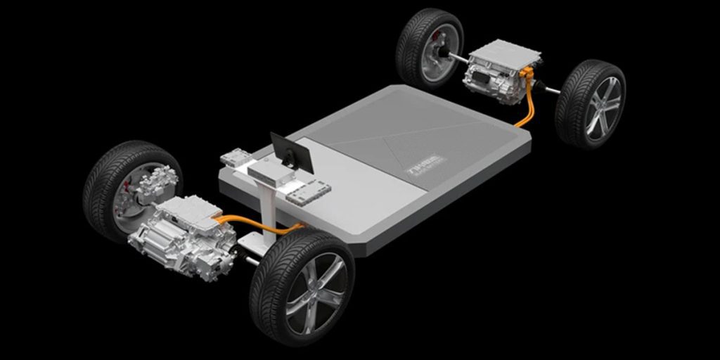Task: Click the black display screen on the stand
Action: click(x=291, y=153)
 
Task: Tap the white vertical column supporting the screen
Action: click(x=266, y=211)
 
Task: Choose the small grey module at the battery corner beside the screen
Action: click(x=234, y=159)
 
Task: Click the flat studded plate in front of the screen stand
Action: click(x=308, y=191)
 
